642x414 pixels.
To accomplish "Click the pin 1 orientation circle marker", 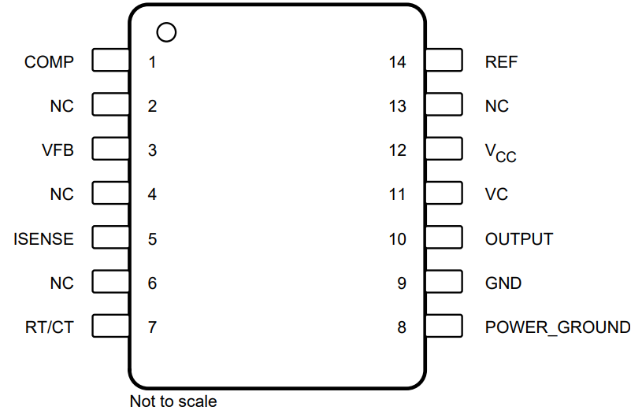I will point(167,32).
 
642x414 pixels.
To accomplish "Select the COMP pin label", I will point(49,61).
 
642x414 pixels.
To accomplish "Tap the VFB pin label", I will point(58,150).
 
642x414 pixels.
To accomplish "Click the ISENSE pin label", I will point(43,238).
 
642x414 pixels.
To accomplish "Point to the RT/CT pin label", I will point(49,327).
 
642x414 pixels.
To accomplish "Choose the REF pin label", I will point(502,61).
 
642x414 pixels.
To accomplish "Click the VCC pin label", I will point(500,151).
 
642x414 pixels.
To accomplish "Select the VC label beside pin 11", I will point(496,194).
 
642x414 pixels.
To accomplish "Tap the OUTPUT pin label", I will point(518,238).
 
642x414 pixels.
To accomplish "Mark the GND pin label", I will point(503,283).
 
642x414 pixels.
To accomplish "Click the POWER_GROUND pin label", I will point(557,327).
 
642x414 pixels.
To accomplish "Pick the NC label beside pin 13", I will point(496,105).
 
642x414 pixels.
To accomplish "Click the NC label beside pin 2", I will point(61,105).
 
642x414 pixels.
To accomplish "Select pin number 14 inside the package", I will point(398,61).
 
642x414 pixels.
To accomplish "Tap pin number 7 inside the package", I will point(152,327).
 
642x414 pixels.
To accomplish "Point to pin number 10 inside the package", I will point(398,238).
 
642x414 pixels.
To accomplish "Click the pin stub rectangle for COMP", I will point(111,61).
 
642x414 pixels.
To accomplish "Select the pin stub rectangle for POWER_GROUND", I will point(443,326).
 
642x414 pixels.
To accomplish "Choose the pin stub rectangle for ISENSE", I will point(111,238).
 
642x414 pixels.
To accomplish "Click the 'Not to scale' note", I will point(173,401).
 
